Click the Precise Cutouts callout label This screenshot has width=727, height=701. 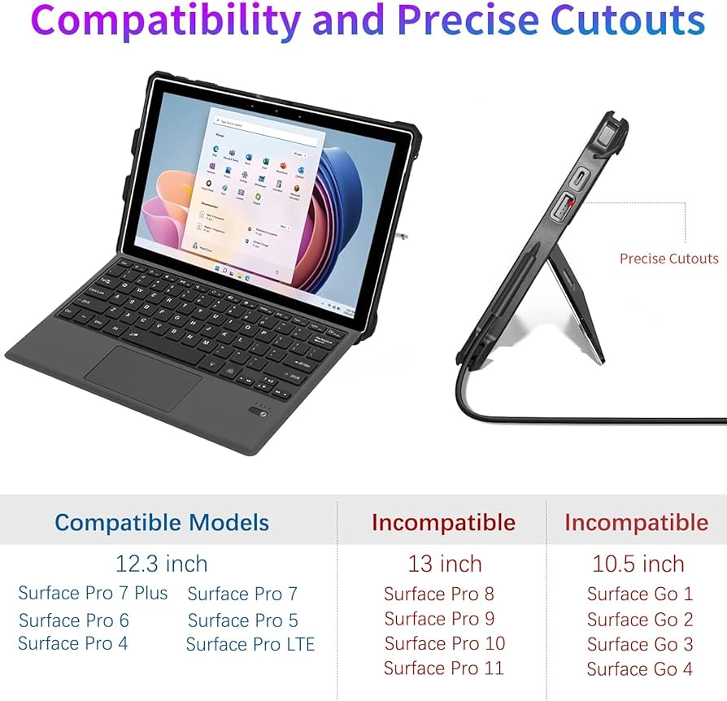pos(668,259)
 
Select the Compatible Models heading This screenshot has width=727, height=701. pos(162,522)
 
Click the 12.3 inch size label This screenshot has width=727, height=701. pos(161,563)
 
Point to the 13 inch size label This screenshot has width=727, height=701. pos(444,563)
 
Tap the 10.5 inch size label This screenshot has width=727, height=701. pos(638,563)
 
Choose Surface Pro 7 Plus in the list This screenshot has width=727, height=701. pos(93,594)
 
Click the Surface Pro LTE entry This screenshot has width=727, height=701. pos(250,645)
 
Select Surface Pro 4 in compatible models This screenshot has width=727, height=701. pos(72,643)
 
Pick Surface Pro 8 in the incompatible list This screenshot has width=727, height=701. pos(438,594)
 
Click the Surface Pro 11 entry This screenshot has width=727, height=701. pos(443,668)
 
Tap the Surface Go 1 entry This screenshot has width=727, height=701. pos(639,594)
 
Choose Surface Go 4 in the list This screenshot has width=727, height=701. pos(639,669)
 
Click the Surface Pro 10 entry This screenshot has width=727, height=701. pos(444,643)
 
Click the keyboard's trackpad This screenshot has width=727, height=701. pos(143,377)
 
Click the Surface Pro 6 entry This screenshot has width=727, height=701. pos(73,620)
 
